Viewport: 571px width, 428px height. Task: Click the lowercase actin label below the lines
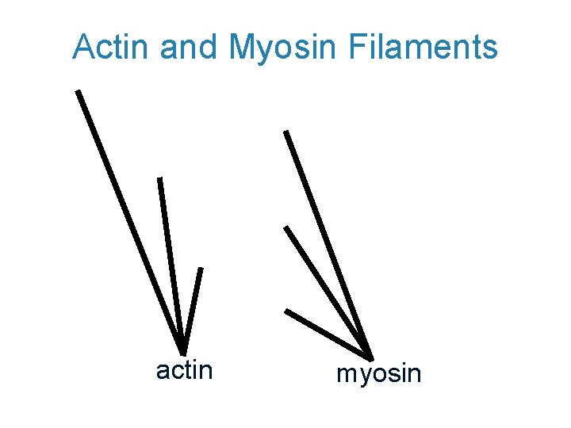[x=184, y=369]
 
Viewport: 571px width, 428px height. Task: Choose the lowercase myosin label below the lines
[x=379, y=373]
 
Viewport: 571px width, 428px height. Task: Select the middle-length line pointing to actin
[x=171, y=266]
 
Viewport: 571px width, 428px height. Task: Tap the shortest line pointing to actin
[x=192, y=309]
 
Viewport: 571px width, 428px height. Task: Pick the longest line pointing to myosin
[x=328, y=241]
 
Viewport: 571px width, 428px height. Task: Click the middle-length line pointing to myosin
[x=327, y=289]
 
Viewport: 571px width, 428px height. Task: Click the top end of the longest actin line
[x=78, y=91]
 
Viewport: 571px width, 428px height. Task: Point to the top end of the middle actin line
[x=160, y=179]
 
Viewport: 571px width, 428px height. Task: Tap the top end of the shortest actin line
[x=201, y=269]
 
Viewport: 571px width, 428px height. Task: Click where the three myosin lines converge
[x=369, y=353]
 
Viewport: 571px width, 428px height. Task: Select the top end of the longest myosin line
[x=286, y=132]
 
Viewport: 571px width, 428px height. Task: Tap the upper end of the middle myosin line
[x=286, y=228]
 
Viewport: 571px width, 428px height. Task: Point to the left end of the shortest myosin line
[x=286, y=311]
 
